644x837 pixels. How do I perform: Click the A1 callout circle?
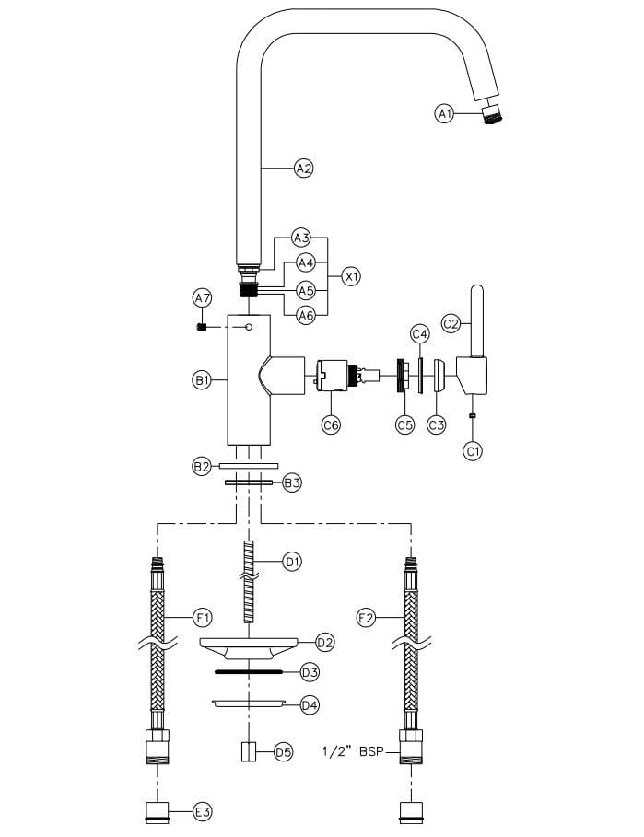click(x=444, y=113)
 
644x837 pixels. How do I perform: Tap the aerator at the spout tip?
click(x=491, y=113)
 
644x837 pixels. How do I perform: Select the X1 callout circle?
click(x=351, y=277)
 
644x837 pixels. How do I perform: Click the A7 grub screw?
click(x=202, y=327)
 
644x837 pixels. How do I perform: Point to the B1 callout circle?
click(x=202, y=380)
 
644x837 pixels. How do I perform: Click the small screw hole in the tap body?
click(x=249, y=327)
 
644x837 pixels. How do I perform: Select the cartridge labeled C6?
click(x=347, y=376)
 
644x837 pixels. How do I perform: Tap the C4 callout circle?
click(x=420, y=334)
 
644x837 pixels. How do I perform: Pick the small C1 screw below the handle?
click(x=472, y=414)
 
